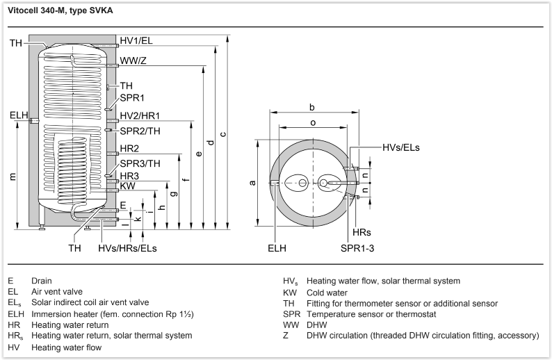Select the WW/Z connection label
134,60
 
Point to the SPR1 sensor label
132,98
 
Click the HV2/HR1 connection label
140,115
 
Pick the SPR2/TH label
140,131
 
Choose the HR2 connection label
129,149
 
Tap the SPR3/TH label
140,163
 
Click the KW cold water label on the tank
127,186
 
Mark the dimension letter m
13,177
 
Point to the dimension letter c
222,133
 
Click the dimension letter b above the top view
312,107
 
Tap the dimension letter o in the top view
312,123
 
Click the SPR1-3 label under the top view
358,247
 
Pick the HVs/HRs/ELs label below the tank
127,248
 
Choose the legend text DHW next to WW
317,325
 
